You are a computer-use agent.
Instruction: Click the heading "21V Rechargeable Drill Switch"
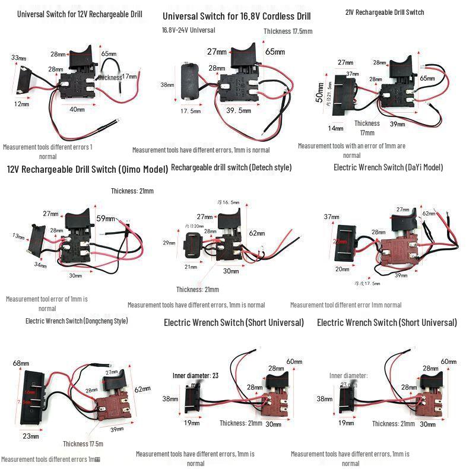coord(384,12)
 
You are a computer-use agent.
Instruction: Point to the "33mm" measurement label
coord(19,58)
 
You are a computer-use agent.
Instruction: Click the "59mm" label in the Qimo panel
coord(106,218)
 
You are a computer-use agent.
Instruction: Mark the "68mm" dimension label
coord(21,363)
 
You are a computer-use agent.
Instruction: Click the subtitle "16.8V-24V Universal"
coord(188,30)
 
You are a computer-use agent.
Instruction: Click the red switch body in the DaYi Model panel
coord(399,250)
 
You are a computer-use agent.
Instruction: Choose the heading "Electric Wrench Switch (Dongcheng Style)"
coord(77,321)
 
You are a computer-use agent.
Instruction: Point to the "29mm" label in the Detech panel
coord(169,242)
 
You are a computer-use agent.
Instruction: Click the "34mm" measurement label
coord(39,265)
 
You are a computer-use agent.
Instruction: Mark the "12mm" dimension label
coord(21,104)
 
